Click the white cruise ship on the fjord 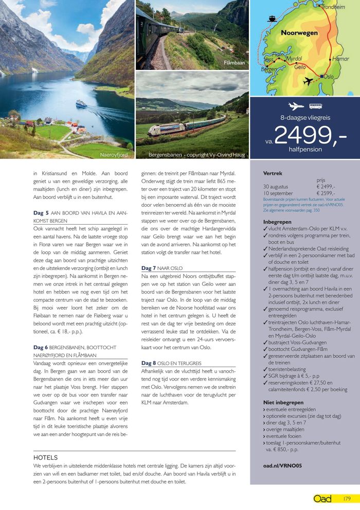[81, 103]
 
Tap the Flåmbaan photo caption [235, 63]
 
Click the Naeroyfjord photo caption [114, 154]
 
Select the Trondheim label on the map [333, 7]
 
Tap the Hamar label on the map [341, 59]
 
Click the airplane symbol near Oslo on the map [309, 81]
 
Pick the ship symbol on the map [272, 19]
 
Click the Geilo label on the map [300, 67]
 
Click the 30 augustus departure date [277, 187]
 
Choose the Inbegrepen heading [277, 222]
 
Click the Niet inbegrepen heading [282, 403]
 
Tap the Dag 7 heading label [149, 268]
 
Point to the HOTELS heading [45, 458]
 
